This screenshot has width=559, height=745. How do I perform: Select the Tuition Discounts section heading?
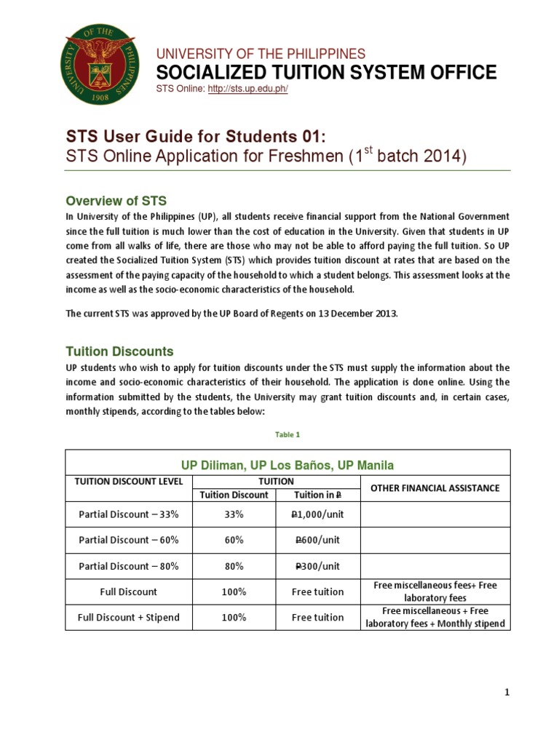click(120, 351)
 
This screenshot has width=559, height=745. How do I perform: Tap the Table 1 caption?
click(288, 434)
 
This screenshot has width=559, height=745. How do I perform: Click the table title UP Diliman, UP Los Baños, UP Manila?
click(288, 463)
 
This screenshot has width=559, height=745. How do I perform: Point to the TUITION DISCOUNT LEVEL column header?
click(128, 482)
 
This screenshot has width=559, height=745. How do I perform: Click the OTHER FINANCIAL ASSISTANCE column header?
click(435, 487)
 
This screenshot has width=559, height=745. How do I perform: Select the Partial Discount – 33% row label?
click(128, 514)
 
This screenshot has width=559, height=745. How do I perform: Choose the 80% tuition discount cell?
click(234, 566)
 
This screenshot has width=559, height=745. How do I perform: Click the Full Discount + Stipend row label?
click(128, 617)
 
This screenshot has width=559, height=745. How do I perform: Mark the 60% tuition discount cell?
click(234, 540)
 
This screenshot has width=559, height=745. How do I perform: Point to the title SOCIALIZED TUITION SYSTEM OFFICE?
click(328, 72)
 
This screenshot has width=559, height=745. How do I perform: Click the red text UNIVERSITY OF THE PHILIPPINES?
click(261, 54)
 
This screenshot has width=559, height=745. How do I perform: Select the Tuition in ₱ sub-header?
click(317, 495)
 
